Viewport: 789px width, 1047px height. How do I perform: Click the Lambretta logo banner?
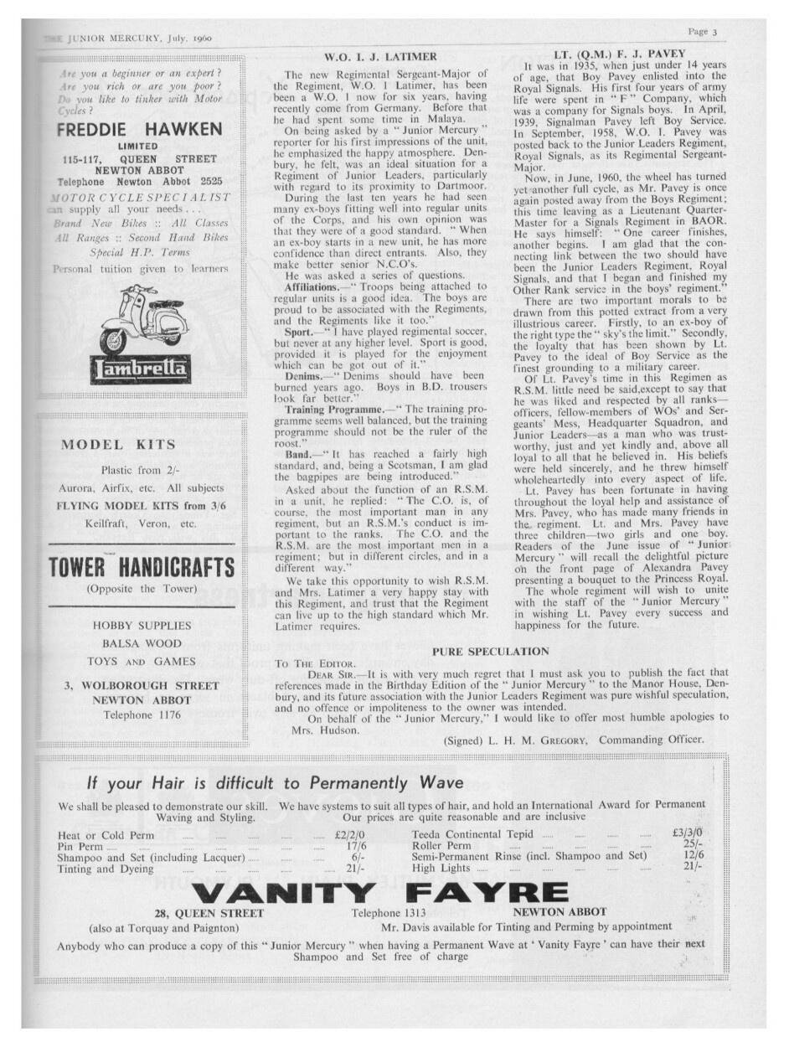pos(141,369)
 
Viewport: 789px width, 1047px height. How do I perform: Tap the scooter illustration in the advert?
pos(138,320)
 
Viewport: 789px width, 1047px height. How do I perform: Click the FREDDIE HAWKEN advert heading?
pos(139,130)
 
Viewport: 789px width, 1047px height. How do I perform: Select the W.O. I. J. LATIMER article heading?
pos(380,57)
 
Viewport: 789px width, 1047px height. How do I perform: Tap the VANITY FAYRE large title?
pos(379,894)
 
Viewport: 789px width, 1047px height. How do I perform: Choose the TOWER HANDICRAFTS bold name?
pos(141,567)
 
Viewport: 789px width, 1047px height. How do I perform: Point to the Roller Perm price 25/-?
pos(692,845)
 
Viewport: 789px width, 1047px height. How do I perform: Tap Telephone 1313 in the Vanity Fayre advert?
pos(389,912)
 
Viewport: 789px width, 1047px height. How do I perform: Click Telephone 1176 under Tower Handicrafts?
pos(141,715)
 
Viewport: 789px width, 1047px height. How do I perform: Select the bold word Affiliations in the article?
pos(312,286)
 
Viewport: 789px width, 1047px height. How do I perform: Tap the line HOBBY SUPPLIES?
pos(142,625)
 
